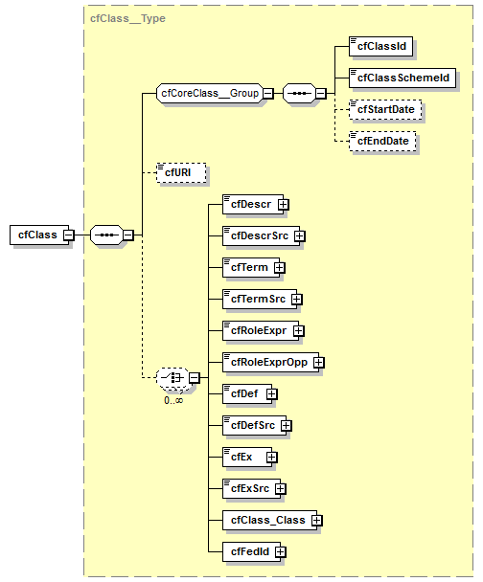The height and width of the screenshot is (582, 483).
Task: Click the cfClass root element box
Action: click(36, 235)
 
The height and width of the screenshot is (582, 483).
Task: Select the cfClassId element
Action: click(384, 45)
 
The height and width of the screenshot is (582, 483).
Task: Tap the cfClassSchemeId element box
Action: click(402, 77)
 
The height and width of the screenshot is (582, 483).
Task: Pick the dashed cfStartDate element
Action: click(387, 109)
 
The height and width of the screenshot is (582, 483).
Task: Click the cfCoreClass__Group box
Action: click(208, 94)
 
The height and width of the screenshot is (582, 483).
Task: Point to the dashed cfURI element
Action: click(181, 172)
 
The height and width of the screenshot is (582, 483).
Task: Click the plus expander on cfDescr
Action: click(284, 204)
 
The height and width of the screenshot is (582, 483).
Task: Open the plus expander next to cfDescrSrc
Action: click(299, 235)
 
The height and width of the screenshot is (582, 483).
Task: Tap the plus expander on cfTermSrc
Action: click(296, 299)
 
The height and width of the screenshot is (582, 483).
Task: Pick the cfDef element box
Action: click(241, 393)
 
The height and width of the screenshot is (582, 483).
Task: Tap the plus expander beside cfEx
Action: click(272, 457)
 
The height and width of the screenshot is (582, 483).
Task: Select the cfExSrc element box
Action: click(247, 488)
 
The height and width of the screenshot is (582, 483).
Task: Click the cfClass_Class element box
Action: click(264, 520)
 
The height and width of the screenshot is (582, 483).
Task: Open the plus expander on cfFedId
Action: click(281, 551)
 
